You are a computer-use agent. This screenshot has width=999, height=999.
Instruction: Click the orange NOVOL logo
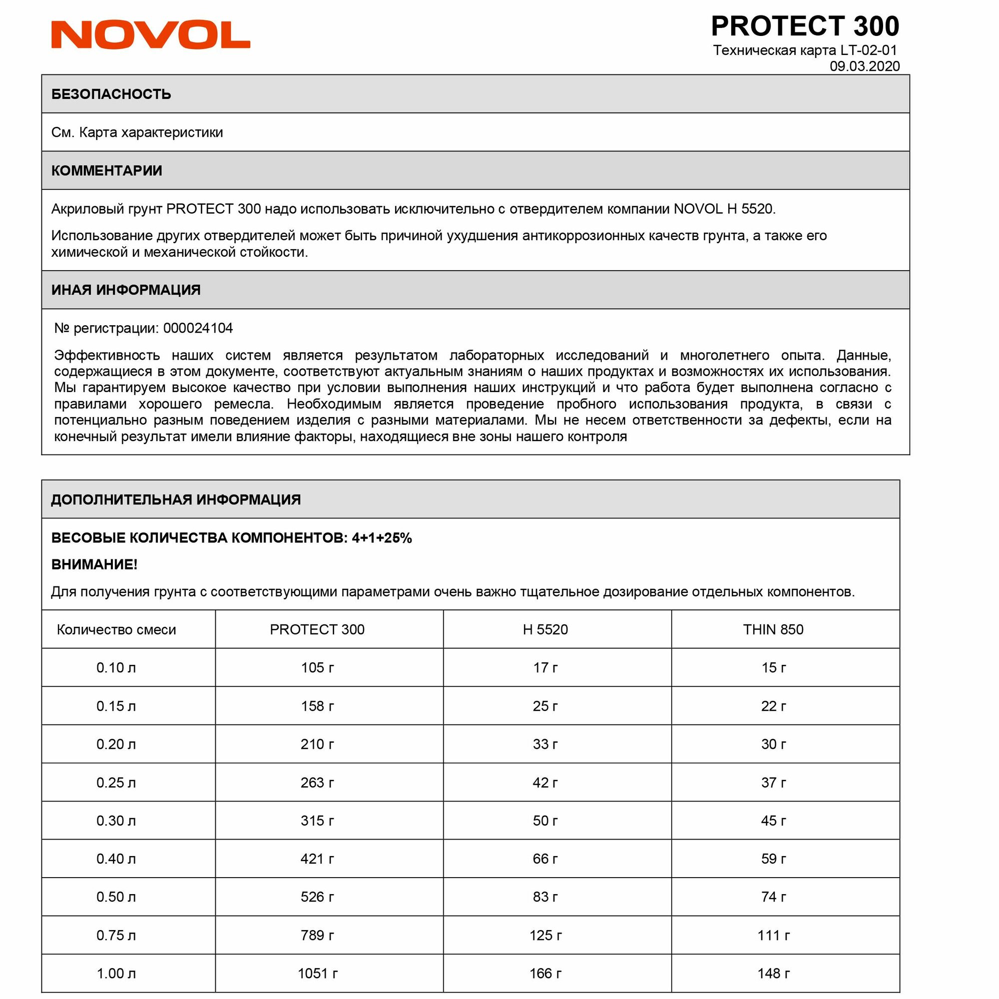(x=150, y=35)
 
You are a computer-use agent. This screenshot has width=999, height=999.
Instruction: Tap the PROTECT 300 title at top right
(x=805, y=26)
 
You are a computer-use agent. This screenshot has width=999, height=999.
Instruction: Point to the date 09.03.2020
(x=864, y=66)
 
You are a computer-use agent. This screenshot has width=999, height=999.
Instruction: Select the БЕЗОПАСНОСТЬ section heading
(x=111, y=94)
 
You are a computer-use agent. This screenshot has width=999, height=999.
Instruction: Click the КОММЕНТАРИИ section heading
(x=106, y=171)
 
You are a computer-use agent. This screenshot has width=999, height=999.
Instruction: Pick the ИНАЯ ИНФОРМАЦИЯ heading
(x=126, y=290)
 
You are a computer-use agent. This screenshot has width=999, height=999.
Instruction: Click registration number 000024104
(x=198, y=328)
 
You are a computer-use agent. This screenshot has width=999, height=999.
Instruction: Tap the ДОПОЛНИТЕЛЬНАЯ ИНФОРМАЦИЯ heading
(x=176, y=499)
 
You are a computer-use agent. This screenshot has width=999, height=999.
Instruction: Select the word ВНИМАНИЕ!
(x=94, y=564)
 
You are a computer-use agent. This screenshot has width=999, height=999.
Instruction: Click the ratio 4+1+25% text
(x=382, y=538)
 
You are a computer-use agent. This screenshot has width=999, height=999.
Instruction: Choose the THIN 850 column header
(x=773, y=629)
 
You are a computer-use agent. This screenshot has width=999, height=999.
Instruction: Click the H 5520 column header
(x=545, y=629)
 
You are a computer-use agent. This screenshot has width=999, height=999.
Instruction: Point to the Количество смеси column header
(x=116, y=629)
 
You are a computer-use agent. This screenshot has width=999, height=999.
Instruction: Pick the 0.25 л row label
(x=116, y=782)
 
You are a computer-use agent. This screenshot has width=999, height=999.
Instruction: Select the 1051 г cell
(x=318, y=974)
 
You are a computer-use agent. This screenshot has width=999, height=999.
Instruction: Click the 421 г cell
(x=317, y=859)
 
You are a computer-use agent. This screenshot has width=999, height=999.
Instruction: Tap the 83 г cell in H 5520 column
(x=545, y=897)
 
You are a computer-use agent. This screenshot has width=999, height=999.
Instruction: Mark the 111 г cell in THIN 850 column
(x=773, y=936)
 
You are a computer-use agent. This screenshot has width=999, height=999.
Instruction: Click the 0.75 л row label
(x=116, y=936)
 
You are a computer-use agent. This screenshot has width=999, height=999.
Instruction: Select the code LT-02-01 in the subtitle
(x=868, y=50)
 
